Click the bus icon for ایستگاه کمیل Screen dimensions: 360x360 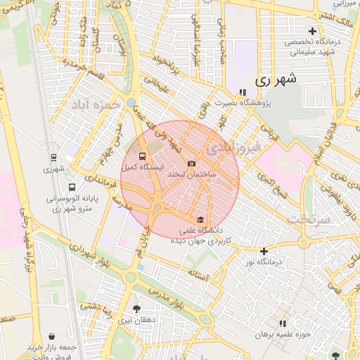coord(143,157)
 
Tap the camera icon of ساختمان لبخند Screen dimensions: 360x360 coord(192,163)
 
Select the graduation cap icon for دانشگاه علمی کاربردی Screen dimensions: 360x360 coord(201,219)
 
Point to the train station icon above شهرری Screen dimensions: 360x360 coord(54,157)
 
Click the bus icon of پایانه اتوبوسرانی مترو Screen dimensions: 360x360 coord(72,188)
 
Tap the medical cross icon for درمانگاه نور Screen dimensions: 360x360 coord(264,251)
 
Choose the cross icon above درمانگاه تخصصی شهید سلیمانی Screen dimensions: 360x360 coord(313,31)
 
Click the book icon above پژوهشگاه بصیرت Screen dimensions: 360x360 coord(243,92)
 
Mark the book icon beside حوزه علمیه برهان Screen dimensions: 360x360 coord(283,323)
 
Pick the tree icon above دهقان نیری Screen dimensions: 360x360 coord(136,309)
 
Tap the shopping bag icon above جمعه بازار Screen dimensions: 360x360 coord(54,337)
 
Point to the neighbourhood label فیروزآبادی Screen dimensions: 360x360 coord(235,148)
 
